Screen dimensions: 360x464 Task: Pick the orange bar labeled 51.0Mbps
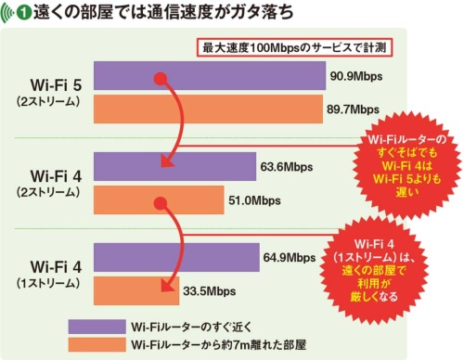click(158, 199)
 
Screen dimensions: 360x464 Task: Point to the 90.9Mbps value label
click(357, 76)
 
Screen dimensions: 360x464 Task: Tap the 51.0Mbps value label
click(253, 199)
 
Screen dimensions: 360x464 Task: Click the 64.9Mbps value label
click(293, 256)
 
